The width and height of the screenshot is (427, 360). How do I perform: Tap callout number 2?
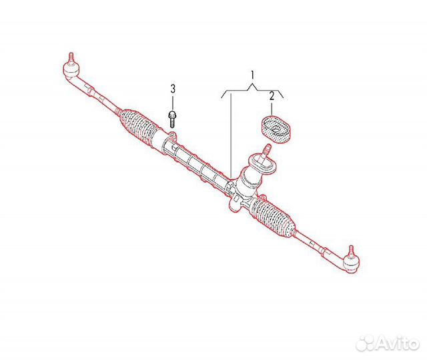272,97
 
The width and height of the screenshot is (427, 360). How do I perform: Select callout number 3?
173,88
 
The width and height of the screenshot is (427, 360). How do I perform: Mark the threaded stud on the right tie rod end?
348,249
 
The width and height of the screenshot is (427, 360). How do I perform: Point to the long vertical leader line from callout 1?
230,133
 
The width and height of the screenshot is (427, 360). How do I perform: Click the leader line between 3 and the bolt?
173,102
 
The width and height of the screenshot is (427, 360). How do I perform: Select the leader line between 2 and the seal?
272,109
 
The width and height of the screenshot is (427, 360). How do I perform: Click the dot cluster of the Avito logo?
365,342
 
